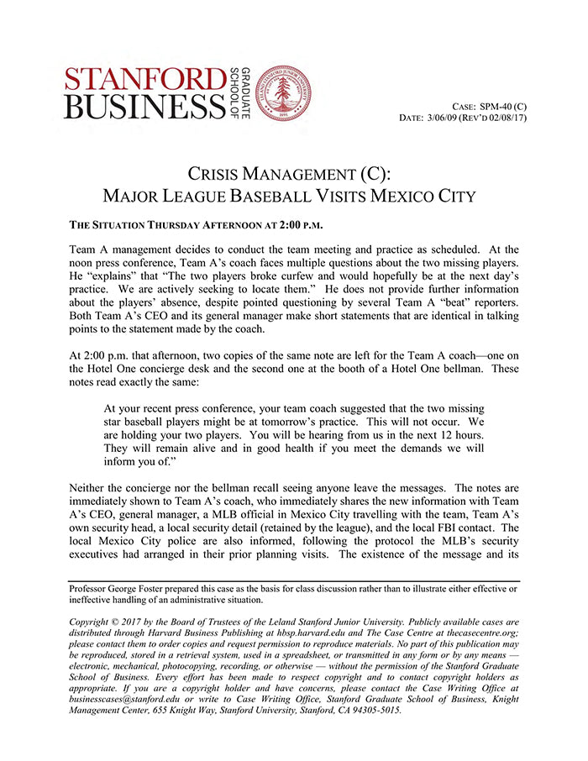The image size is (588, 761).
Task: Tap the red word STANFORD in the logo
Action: (x=150, y=78)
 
